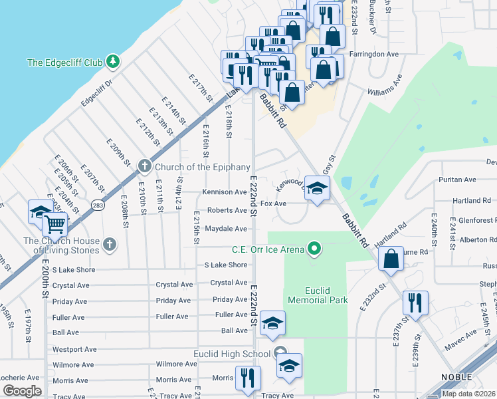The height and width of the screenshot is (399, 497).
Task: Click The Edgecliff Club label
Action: tap(64, 63)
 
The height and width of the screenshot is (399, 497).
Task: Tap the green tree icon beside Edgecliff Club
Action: tap(114, 62)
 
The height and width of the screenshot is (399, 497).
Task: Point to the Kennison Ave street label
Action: tap(225, 192)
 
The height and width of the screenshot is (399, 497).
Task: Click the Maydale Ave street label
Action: tap(226, 228)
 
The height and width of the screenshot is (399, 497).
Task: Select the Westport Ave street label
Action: tap(74, 348)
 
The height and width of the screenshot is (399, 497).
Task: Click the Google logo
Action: tap(23, 390)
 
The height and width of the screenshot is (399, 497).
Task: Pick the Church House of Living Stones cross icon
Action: tap(110, 245)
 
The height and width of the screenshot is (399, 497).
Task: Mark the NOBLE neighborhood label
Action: tap(457, 377)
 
